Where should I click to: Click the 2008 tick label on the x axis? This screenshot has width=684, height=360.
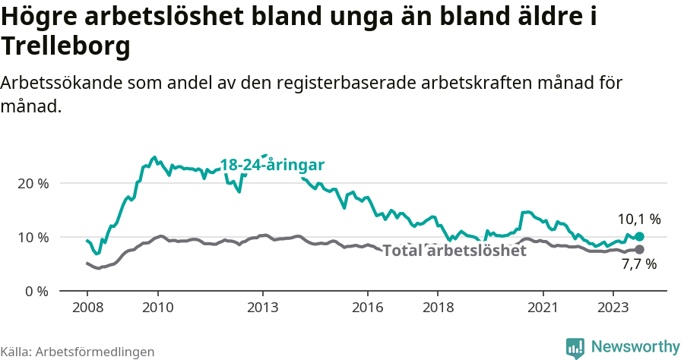pyautogui.click(x=87, y=308)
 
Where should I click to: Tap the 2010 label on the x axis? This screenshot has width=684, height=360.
pyautogui.click(x=157, y=308)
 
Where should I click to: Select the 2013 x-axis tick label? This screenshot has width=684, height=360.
pyautogui.click(x=263, y=308)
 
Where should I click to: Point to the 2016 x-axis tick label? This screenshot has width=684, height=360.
pyautogui.click(x=368, y=308)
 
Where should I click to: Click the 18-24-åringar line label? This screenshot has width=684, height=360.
pyautogui.click(x=272, y=165)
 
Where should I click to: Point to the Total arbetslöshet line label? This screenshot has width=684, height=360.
pyautogui.click(x=454, y=251)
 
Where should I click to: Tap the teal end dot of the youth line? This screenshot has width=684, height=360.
pyautogui.click(x=639, y=237)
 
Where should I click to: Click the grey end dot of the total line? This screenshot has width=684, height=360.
pyautogui.click(x=639, y=250)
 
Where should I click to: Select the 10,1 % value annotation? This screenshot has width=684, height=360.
pyautogui.click(x=638, y=219)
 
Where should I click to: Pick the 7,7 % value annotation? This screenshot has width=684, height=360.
pyautogui.click(x=638, y=265)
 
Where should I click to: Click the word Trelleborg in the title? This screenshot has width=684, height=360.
pyautogui.click(x=65, y=46)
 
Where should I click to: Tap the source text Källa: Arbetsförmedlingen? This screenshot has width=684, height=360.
pyautogui.click(x=78, y=352)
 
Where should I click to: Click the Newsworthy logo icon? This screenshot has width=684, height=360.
pyautogui.click(x=575, y=347)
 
